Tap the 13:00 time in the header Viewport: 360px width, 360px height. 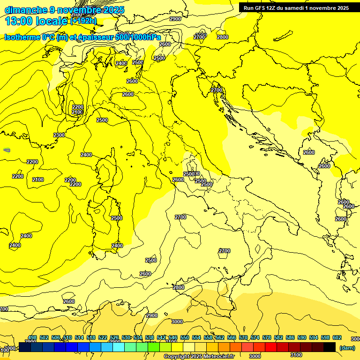pyautogui.click(x=19, y=21)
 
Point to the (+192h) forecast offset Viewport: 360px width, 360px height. pyautogui.click(x=83, y=21)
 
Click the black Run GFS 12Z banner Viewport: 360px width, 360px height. pyautogui.click(x=296, y=8)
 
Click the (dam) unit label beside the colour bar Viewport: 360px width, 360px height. pyautogui.click(x=347, y=348)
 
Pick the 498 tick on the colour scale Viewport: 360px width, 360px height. pyautogui.click(x=32, y=337)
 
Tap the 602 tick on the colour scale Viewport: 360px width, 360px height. pyautogui.click(x=337, y=337)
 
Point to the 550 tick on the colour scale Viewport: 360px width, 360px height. pyautogui.click(x=185, y=337)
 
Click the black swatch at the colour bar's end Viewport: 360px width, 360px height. pyautogui.click(x=330, y=347)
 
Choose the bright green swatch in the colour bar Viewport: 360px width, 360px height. pyautogui.click(x=153, y=347)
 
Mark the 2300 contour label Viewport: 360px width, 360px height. pyautogui.click(x=59, y=135)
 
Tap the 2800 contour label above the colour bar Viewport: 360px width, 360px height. pyautogui.click(x=179, y=287)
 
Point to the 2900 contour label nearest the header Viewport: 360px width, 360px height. pyautogui.click(x=175, y=19)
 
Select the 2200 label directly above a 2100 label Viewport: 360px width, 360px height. pyautogui.click(x=77, y=107)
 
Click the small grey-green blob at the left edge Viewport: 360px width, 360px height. pyautogui.click(x=7, y=150)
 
